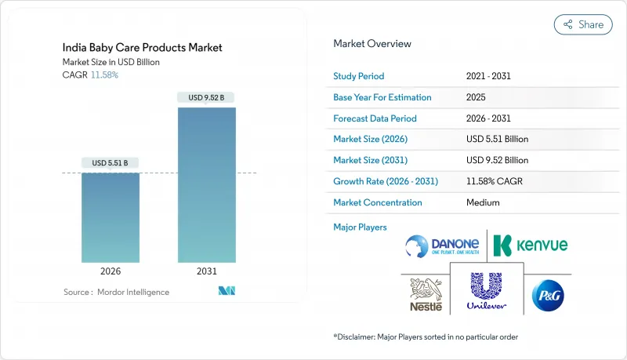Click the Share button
[x=584, y=24]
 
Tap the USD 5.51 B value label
[x=110, y=163]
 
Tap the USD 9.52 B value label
[x=207, y=97]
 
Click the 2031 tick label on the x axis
[x=207, y=272]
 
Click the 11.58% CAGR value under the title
[x=105, y=75]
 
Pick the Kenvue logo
[x=531, y=245]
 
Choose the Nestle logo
[x=426, y=295]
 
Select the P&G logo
[x=546, y=295]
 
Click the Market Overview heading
[x=372, y=43]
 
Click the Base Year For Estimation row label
[x=382, y=97]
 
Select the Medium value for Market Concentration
[x=484, y=202]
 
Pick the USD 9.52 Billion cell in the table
[x=497, y=160]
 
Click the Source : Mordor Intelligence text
[x=116, y=292]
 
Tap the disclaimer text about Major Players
[x=426, y=336]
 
